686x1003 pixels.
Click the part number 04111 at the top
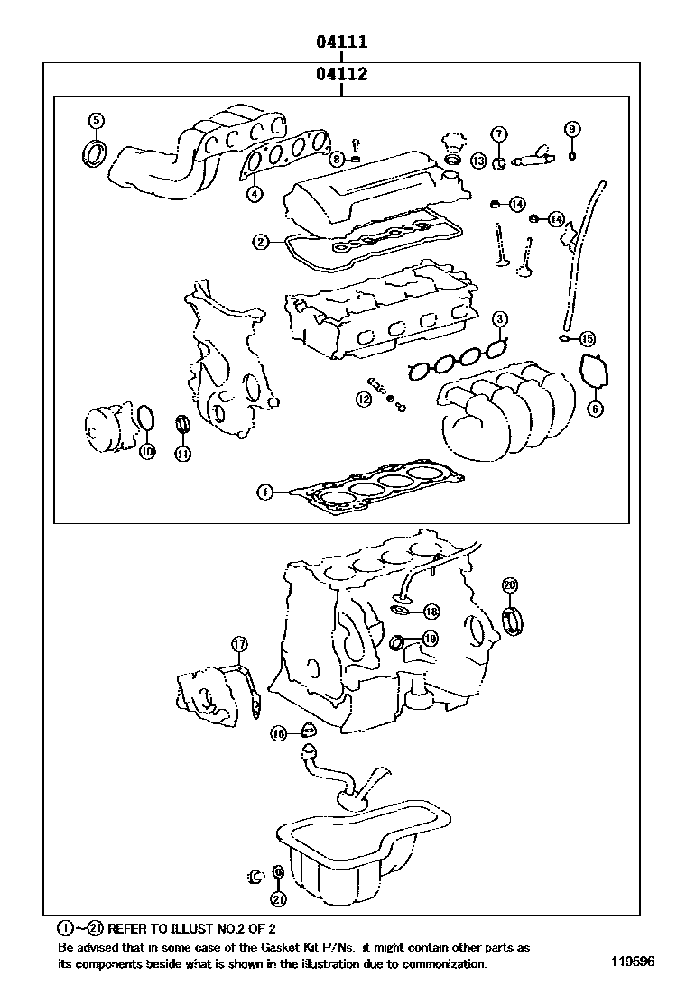(x=341, y=42)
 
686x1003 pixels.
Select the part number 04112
(x=341, y=74)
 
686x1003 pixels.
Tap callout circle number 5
(x=95, y=120)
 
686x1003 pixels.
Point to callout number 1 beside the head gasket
(x=264, y=492)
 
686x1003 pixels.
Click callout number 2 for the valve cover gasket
(x=261, y=241)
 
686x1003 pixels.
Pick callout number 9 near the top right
(x=571, y=129)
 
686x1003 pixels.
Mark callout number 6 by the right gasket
(x=595, y=409)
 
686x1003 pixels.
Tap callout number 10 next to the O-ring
(x=147, y=451)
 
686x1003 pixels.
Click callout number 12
(x=363, y=399)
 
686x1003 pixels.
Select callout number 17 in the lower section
(x=238, y=644)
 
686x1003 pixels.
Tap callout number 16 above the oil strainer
(x=279, y=734)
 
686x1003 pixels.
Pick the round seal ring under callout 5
(x=94, y=153)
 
